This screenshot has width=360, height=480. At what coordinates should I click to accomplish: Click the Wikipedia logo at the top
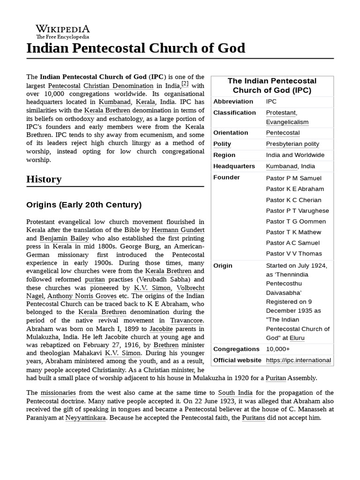63,31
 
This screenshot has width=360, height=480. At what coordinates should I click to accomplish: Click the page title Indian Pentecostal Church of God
135,48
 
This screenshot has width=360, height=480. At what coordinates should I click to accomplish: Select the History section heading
44,179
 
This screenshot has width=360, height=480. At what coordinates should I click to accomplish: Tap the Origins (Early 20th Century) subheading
84,205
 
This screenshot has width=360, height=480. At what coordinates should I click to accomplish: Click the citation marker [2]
185,84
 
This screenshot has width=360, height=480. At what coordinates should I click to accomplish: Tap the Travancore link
187,320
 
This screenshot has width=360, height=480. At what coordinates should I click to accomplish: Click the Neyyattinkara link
86,417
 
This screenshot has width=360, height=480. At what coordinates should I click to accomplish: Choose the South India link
235,393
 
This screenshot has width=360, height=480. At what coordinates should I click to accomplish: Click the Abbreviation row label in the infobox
233,102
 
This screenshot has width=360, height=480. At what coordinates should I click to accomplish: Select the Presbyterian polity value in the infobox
292,144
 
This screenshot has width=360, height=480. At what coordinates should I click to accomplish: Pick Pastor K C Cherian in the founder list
293,200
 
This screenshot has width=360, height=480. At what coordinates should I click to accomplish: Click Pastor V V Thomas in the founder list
294,254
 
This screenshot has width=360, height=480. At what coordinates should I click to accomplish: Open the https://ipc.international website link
299,360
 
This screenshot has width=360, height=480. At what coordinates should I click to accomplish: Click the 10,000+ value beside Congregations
277,349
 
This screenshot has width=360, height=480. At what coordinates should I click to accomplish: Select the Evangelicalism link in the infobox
287,122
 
